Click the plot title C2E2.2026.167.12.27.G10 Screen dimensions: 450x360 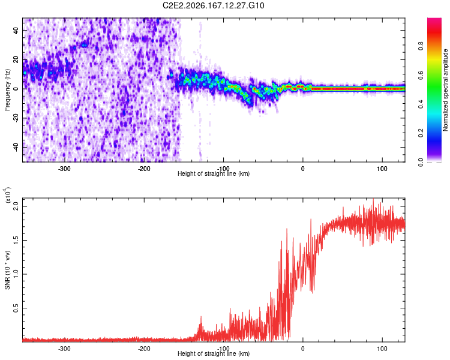click(x=213, y=5)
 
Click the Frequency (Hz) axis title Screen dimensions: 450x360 click(x=7, y=90)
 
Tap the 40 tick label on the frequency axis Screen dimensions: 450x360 click(x=16, y=31)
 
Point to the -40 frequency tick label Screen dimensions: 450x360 click(x=16, y=147)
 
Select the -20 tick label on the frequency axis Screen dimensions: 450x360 click(x=16, y=118)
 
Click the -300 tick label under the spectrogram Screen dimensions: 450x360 click(x=64, y=169)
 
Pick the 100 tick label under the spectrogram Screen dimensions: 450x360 click(x=382, y=169)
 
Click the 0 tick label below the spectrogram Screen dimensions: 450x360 click(x=303, y=169)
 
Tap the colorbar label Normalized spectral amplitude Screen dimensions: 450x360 click(x=445, y=90)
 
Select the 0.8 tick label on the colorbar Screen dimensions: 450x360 click(x=421, y=46)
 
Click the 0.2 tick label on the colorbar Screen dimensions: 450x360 click(x=421, y=133)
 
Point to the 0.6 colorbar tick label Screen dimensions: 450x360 click(x=421, y=75)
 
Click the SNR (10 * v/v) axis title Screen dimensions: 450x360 click(x=7, y=270)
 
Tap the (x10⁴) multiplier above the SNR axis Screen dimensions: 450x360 click(x=8, y=195)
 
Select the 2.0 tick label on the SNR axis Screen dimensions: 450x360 click(x=16, y=206)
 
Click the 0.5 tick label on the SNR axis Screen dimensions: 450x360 click(x=16, y=308)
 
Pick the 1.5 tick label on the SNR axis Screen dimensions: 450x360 click(x=16, y=240)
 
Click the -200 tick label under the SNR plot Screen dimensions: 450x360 click(x=144, y=349)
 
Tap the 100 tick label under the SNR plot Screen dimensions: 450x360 click(x=382, y=349)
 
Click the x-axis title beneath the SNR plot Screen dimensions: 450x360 click(x=214, y=353)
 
